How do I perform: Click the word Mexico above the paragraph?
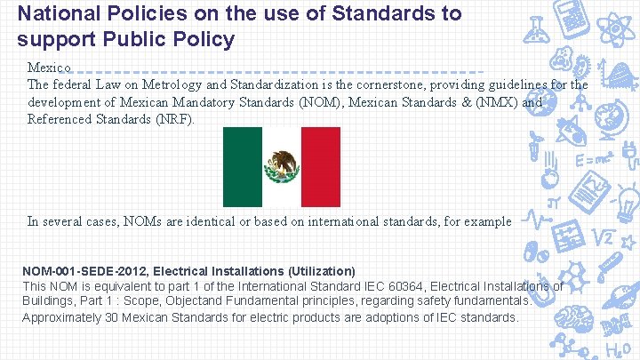(x=44, y=68)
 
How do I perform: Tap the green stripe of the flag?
(x=242, y=166)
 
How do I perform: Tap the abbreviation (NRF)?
(x=173, y=119)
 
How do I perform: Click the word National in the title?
(x=55, y=14)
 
